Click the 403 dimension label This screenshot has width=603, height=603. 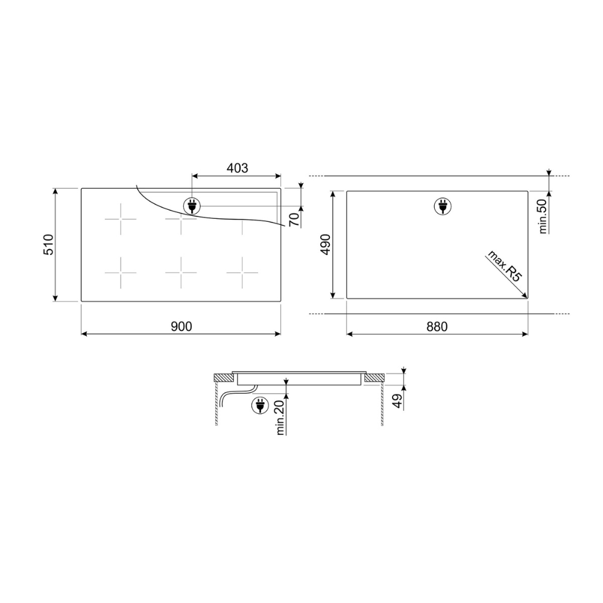click(237, 168)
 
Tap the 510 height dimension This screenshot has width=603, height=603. click(48, 245)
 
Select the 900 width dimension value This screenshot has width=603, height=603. click(181, 326)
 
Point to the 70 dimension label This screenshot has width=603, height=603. click(294, 219)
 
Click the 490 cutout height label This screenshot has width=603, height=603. click(326, 245)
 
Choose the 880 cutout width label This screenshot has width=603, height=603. click(437, 327)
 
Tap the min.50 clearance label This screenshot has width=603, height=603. click(543, 216)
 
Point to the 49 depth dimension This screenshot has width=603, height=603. click(397, 401)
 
